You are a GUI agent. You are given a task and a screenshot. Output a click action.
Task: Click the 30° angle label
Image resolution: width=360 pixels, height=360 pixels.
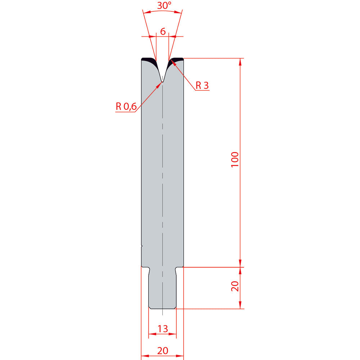pos(164,5)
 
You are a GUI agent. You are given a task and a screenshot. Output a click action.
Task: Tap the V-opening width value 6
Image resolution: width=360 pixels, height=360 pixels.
pos(163,31)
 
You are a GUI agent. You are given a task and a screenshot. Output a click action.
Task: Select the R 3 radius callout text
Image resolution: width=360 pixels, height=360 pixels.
pos(202,85)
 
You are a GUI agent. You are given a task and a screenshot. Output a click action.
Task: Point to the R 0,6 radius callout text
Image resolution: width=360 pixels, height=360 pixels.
pos(126,106)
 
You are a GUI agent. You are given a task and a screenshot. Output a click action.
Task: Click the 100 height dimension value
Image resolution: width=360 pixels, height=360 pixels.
pos(235,159)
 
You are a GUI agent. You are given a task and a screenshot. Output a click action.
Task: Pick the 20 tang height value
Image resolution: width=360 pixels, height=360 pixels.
pos(235,286)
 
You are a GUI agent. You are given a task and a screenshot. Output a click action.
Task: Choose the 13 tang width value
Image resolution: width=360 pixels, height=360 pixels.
pos(163,329)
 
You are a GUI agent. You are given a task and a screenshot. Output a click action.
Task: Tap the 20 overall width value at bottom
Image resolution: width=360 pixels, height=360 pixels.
pos(163,351)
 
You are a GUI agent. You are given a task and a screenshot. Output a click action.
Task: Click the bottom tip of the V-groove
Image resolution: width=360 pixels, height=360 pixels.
pos(163,81)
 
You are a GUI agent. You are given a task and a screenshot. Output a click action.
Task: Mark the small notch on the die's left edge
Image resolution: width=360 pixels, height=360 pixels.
pos(142,246)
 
